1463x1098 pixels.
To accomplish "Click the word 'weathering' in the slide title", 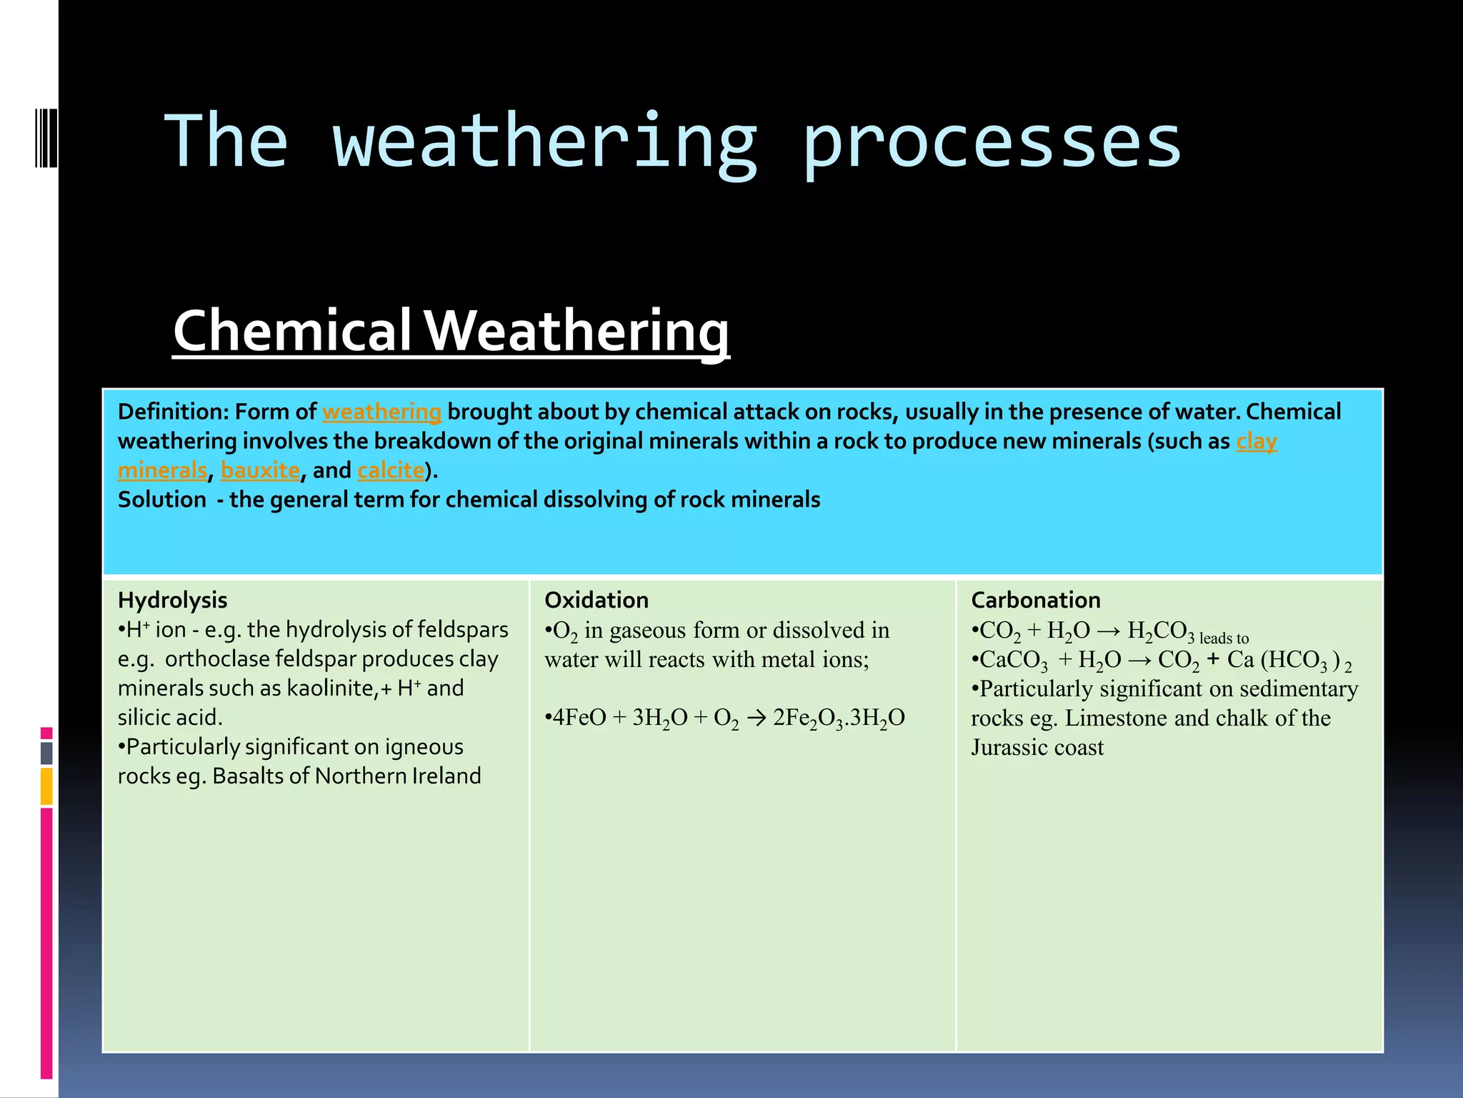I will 544,143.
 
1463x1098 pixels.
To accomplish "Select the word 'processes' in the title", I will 992,143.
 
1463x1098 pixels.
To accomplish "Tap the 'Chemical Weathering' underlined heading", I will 451,331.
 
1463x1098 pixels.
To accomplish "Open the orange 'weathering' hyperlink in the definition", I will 381,412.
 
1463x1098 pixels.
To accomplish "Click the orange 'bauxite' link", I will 260,471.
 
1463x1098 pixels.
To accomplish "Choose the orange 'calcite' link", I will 391,471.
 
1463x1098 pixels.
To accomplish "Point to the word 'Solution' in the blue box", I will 161,500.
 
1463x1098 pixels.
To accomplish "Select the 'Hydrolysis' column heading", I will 172,600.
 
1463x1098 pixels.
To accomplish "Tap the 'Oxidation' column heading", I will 596,600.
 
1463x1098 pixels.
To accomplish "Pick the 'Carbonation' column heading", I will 1035,600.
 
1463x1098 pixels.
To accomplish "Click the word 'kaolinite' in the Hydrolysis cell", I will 331,688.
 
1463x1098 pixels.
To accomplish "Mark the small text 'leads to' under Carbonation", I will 1224,638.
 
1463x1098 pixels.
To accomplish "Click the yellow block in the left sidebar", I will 46,786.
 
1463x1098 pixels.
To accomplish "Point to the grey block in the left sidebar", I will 46,753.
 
